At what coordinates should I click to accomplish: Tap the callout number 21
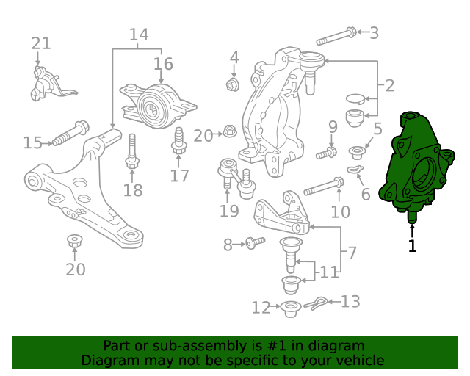(x=41, y=44)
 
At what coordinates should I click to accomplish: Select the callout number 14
(x=139, y=35)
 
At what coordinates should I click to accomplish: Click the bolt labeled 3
(x=336, y=36)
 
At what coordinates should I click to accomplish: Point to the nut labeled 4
(x=232, y=84)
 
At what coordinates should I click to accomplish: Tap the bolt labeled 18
(x=132, y=151)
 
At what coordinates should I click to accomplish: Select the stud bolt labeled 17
(x=179, y=141)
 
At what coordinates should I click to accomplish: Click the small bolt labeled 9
(x=326, y=153)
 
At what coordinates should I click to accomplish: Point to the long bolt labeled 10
(x=324, y=187)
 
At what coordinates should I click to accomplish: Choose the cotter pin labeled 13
(x=316, y=303)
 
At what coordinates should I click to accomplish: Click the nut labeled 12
(x=290, y=309)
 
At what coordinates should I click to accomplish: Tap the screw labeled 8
(x=256, y=243)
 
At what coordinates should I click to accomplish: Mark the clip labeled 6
(x=355, y=170)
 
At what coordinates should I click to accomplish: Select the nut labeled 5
(x=357, y=152)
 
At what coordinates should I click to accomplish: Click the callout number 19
(x=229, y=211)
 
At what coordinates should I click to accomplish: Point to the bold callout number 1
(x=413, y=246)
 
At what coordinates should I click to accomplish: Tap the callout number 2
(x=390, y=86)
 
